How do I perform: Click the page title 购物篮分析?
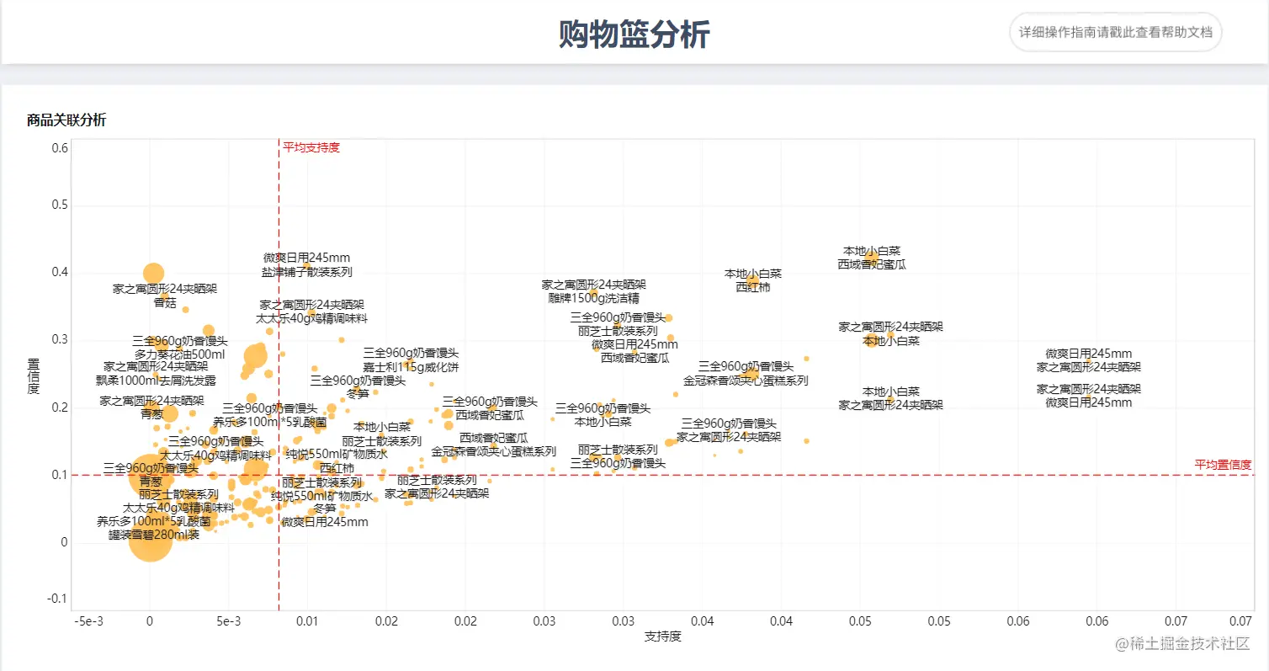(x=634, y=35)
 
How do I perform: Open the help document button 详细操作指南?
(x=1115, y=32)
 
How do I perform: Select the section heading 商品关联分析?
(x=66, y=120)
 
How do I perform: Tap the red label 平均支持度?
(x=311, y=147)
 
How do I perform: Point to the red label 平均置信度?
(x=1223, y=465)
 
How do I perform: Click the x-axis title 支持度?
(x=662, y=636)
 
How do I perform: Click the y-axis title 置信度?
(x=34, y=376)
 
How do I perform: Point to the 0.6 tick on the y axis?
(x=59, y=148)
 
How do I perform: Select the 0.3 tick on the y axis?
(x=59, y=340)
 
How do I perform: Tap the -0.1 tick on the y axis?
(x=57, y=599)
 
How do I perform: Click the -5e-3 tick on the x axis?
(x=90, y=620)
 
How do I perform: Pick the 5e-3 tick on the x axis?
(x=228, y=620)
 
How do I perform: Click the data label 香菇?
(x=165, y=302)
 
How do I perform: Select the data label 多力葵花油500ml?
(x=179, y=354)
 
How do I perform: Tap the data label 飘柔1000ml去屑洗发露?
(x=156, y=380)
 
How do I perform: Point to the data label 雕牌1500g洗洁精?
(x=593, y=298)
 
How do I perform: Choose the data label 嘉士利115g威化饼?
(x=411, y=366)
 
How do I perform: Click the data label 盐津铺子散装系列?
(x=306, y=272)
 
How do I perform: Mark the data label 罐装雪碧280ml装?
(x=154, y=535)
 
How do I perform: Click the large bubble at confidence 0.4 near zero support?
(x=153, y=273)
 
